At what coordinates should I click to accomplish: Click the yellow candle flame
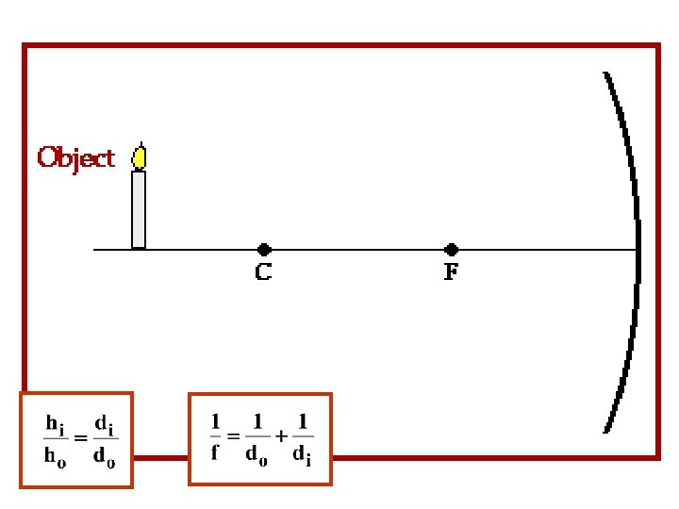point(140,157)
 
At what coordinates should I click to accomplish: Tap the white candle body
point(139,209)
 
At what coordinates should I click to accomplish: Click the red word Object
point(75,157)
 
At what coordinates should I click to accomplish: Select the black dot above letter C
point(264,250)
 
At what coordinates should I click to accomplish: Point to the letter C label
point(264,273)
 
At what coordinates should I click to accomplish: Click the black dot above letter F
point(452,250)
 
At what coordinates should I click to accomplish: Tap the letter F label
point(453,273)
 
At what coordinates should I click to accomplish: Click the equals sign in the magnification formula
point(81,439)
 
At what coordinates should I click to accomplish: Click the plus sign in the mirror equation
point(280,436)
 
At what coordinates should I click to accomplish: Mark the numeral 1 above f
point(215,421)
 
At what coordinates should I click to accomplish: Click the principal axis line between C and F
point(358,250)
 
